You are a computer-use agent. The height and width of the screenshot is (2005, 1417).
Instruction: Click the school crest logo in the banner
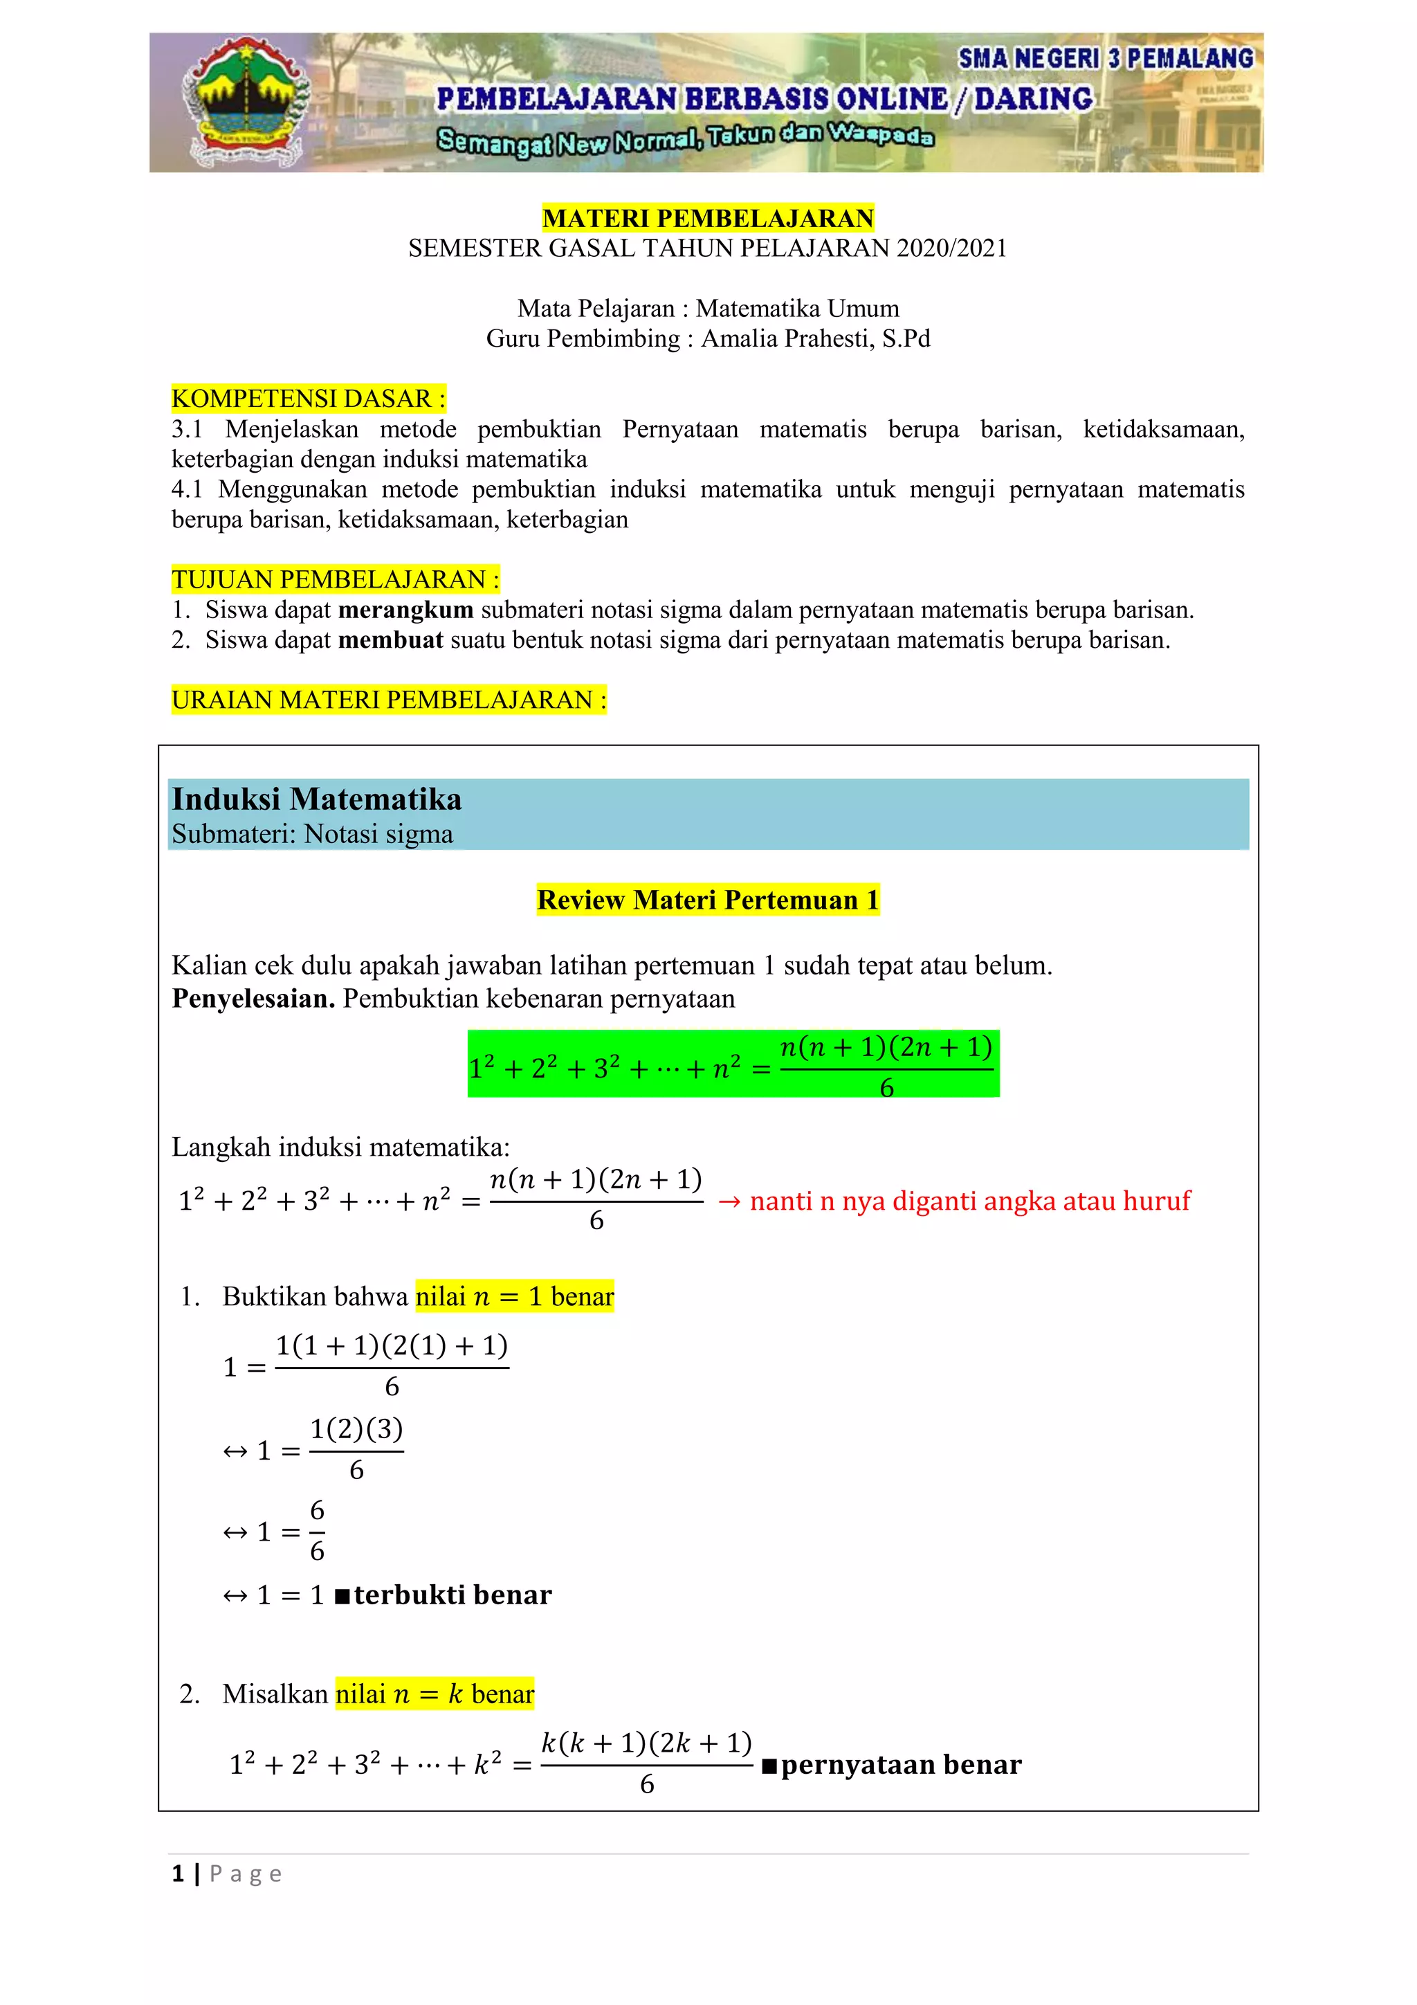pyautogui.click(x=244, y=102)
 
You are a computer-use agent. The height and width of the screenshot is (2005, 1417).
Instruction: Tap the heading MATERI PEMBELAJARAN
pyautogui.click(x=707, y=218)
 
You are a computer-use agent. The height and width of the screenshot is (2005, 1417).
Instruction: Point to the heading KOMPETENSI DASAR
pyautogui.click(x=308, y=399)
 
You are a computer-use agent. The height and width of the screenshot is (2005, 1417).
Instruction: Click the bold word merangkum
pyautogui.click(x=406, y=610)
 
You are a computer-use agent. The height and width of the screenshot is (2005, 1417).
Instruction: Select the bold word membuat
pyautogui.click(x=390, y=641)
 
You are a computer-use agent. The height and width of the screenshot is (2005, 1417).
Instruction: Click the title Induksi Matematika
pyautogui.click(x=316, y=800)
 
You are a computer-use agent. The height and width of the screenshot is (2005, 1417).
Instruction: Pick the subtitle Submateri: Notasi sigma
pyautogui.click(x=311, y=835)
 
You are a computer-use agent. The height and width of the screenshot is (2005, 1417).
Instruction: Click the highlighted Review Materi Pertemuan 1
pyautogui.click(x=707, y=900)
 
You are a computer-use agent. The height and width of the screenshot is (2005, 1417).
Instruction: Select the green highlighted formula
pyautogui.click(x=733, y=1064)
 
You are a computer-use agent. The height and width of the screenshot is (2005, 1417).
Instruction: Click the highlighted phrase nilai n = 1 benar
pyautogui.click(x=514, y=1297)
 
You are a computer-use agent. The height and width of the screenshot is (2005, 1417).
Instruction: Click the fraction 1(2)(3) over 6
pyautogui.click(x=356, y=1451)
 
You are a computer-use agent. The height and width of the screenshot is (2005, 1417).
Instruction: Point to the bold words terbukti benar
pyautogui.click(x=452, y=1595)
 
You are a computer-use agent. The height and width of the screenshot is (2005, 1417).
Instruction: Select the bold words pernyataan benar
pyautogui.click(x=900, y=1765)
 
